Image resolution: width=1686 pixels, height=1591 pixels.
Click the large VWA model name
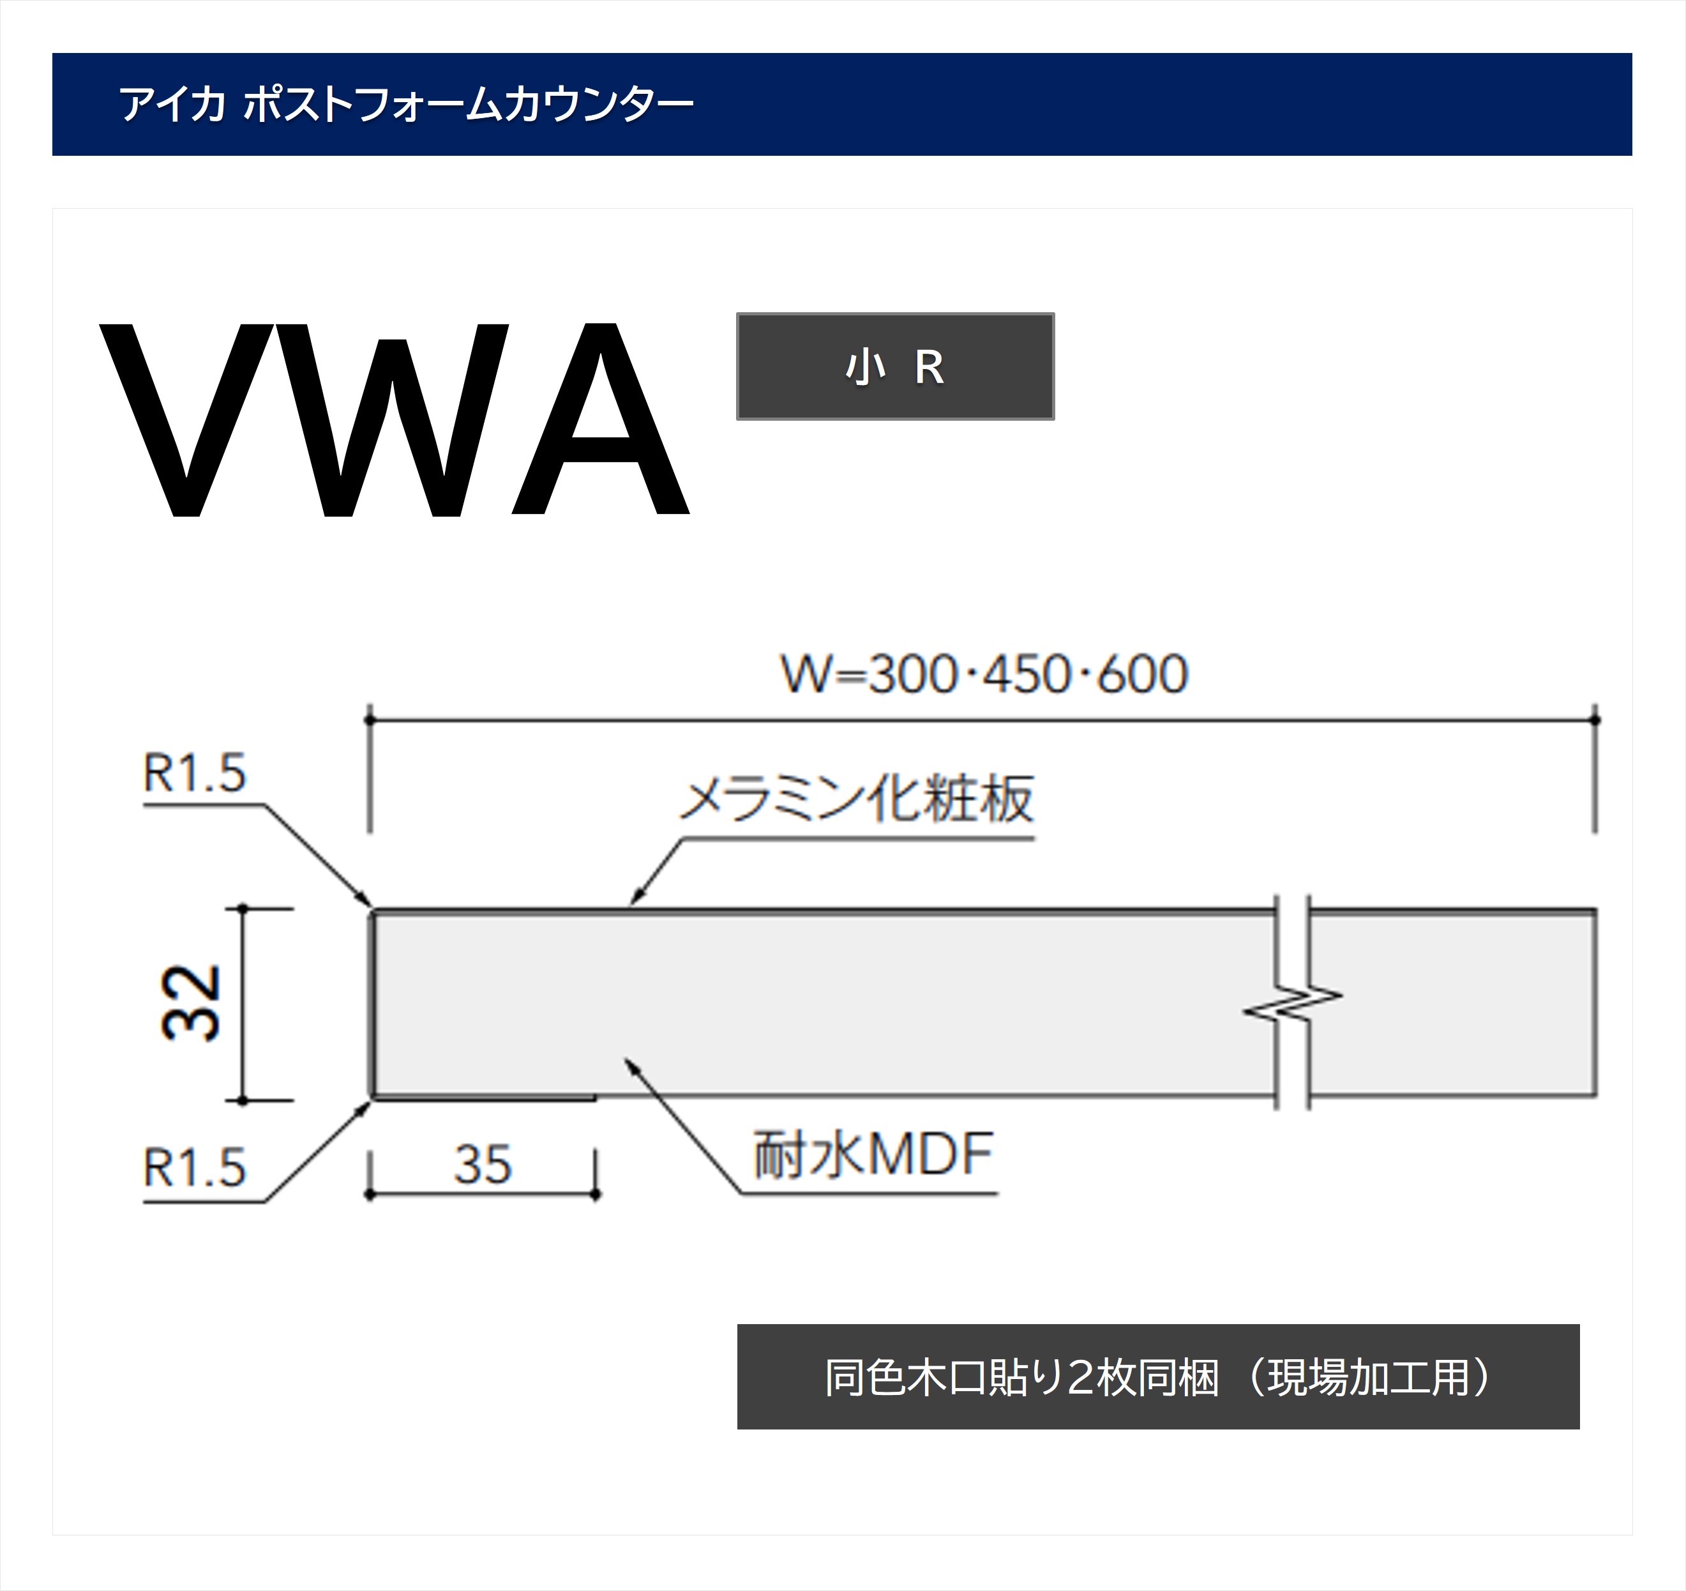(x=395, y=420)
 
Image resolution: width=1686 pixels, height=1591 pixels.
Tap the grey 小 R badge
(x=895, y=366)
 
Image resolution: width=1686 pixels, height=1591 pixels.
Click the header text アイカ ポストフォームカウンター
(x=405, y=104)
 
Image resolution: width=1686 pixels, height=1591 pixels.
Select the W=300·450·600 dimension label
(x=984, y=675)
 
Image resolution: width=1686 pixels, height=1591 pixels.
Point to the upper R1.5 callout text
(x=194, y=773)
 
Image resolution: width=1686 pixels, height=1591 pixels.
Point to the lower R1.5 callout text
(x=194, y=1168)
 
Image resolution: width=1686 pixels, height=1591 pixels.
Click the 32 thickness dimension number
(x=191, y=1003)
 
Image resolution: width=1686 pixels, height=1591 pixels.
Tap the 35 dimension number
(x=483, y=1165)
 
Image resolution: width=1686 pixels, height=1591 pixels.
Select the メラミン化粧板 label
(x=857, y=799)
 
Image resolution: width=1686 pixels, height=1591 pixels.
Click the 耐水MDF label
(x=873, y=1155)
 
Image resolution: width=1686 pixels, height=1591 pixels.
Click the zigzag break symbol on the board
(x=1293, y=1003)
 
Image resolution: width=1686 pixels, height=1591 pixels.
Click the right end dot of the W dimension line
(x=1595, y=720)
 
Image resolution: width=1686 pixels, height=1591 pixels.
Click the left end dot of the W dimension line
(x=369, y=720)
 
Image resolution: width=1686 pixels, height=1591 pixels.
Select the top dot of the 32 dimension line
(x=243, y=909)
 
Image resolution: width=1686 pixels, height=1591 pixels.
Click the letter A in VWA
(x=601, y=420)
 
